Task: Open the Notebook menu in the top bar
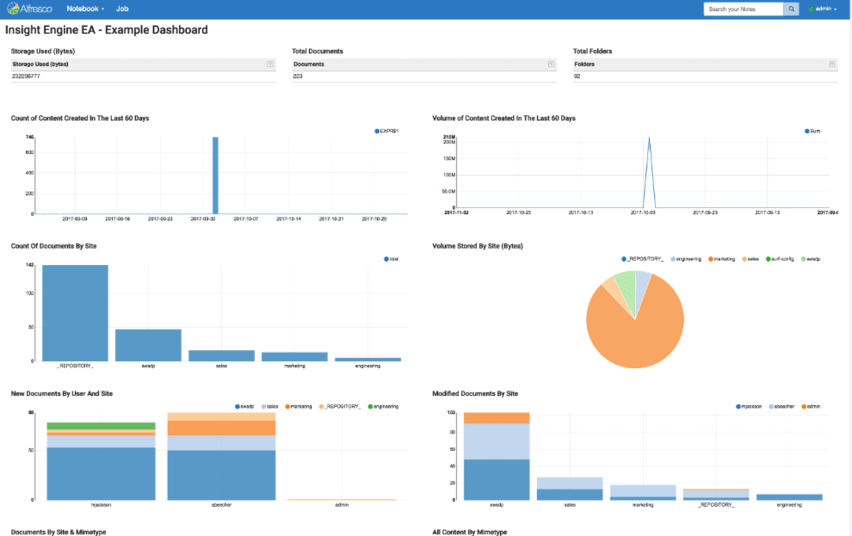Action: tap(84, 9)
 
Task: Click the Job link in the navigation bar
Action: tap(122, 9)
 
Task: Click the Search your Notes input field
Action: tap(742, 9)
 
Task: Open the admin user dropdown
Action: tap(822, 9)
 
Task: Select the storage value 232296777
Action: tap(27, 76)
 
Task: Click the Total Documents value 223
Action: tap(298, 76)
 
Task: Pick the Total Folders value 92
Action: tap(577, 76)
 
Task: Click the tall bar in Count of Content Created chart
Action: tap(215, 175)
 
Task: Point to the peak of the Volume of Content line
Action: tap(648, 139)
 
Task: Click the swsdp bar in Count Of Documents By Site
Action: tap(148, 344)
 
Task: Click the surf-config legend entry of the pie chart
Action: tap(781, 259)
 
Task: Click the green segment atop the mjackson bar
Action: tap(101, 426)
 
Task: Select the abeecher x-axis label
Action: tap(221, 504)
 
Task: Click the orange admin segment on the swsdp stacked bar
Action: tap(496, 418)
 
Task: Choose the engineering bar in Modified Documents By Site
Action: tap(790, 497)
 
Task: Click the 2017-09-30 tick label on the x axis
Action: tap(204, 219)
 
